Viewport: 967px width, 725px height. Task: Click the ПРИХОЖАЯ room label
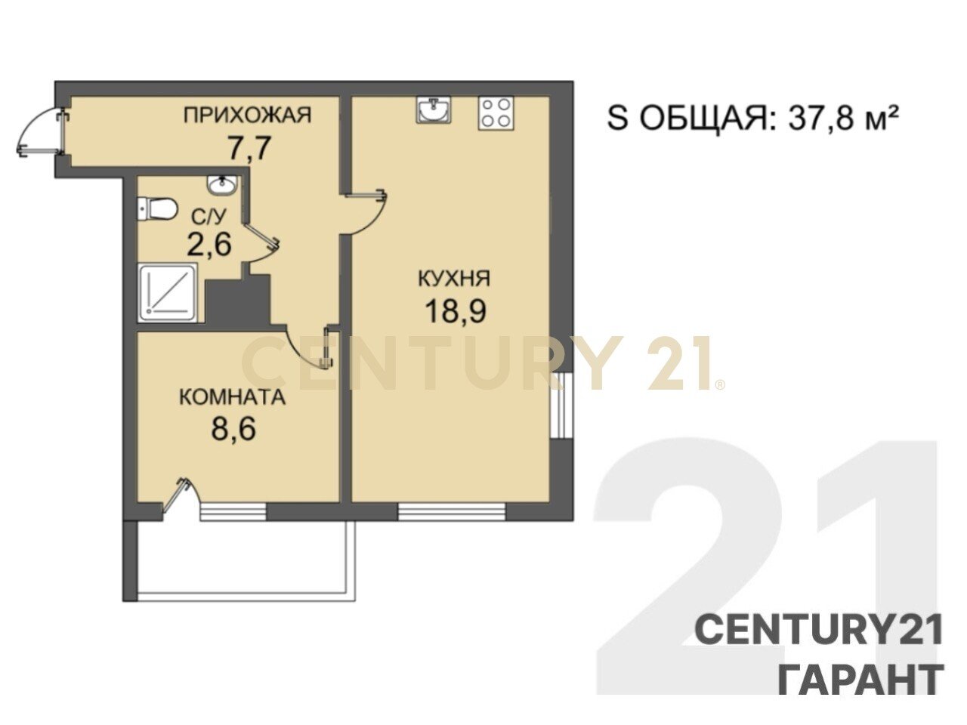coord(247,116)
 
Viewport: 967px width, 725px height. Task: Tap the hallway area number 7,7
coord(248,148)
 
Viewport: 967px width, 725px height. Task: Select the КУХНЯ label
coord(454,279)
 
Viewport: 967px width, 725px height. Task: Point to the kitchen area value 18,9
coord(456,311)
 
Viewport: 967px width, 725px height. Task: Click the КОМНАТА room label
coord(233,397)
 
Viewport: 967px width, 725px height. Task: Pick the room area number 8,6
coord(233,428)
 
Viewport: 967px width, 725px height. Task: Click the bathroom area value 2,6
coord(209,244)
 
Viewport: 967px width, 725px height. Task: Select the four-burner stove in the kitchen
coord(496,113)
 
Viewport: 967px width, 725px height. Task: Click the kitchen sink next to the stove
coord(434,110)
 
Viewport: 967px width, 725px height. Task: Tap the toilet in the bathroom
coord(156,209)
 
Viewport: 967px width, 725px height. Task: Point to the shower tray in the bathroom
coord(168,293)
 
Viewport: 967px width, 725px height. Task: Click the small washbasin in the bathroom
coord(222,185)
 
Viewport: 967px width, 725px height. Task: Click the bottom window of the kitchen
coord(452,512)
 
